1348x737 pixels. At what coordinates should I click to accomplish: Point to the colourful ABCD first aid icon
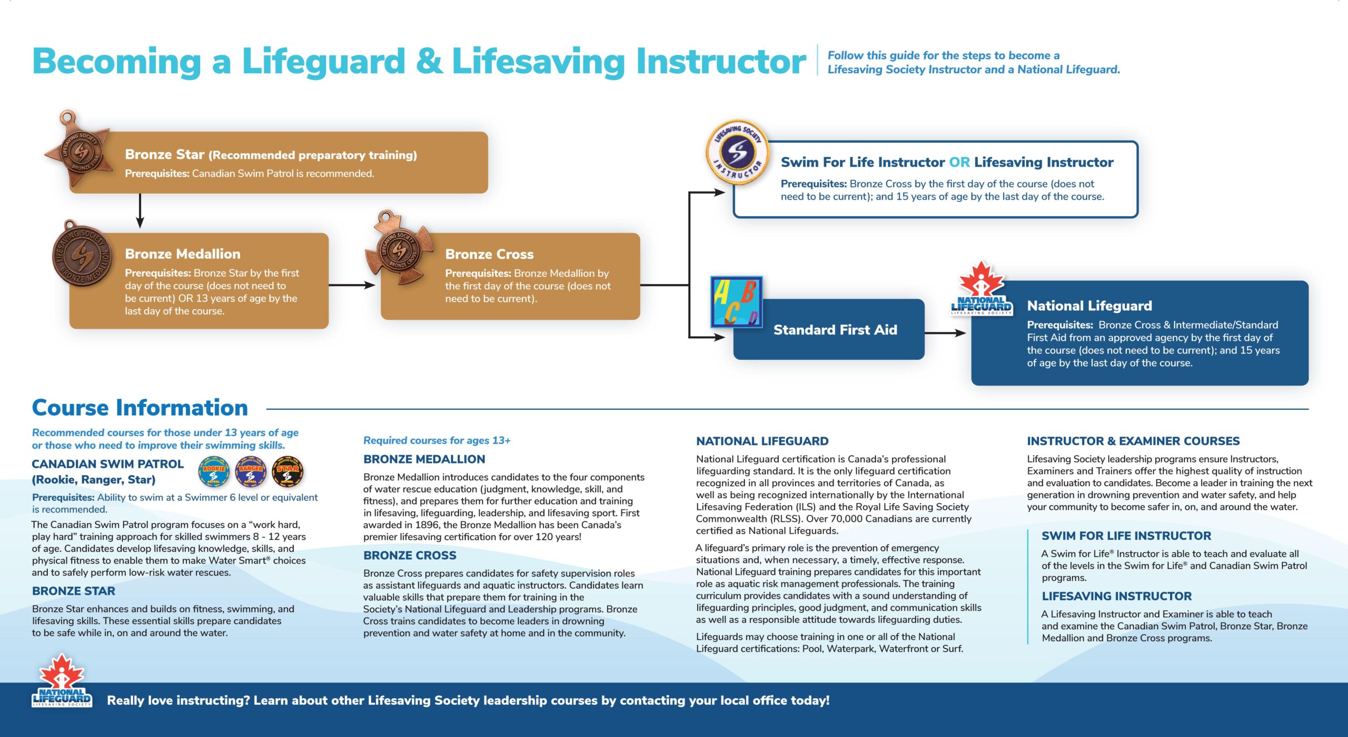click(736, 302)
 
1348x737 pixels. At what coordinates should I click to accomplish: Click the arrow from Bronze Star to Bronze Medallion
click(140, 210)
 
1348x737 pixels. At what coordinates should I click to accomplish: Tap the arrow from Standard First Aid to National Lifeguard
click(945, 333)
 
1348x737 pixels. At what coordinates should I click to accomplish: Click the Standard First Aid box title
click(835, 330)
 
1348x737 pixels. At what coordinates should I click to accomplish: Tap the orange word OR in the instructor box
click(959, 162)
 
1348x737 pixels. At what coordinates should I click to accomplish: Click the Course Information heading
click(140, 408)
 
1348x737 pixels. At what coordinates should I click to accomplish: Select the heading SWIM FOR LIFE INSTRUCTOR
click(1126, 536)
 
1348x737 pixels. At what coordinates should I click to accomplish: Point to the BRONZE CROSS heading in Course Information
click(410, 555)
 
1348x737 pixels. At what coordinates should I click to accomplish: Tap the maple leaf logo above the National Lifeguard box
click(982, 289)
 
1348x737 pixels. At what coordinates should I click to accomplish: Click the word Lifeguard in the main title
click(323, 62)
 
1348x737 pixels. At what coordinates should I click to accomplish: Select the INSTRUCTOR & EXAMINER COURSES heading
click(1133, 441)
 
